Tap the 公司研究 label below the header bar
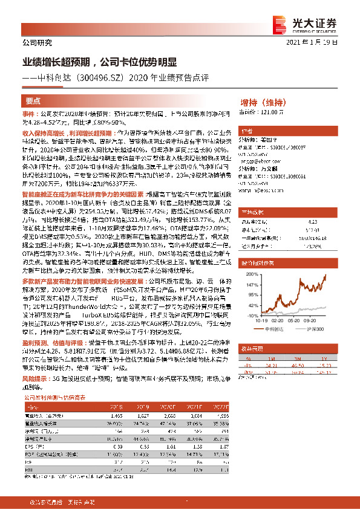pos(37,42)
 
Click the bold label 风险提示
pos(34,378)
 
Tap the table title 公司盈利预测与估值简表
pos(63,398)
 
